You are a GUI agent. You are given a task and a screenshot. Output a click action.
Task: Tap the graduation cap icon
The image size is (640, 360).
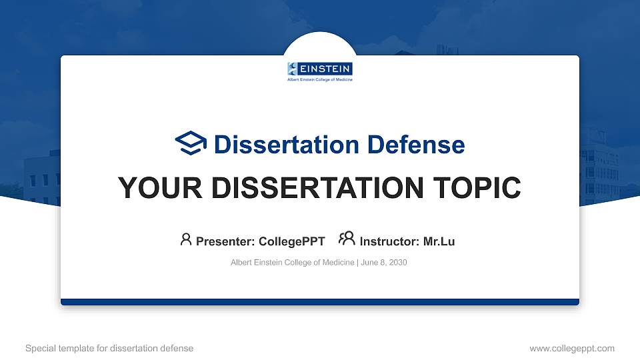[x=191, y=143]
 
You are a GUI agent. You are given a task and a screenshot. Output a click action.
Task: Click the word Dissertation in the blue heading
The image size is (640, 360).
[x=287, y=145]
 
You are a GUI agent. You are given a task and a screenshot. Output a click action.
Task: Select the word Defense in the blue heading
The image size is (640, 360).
[x=416, y=145]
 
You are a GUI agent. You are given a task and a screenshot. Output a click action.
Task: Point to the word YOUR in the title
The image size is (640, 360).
[x=160, y=188]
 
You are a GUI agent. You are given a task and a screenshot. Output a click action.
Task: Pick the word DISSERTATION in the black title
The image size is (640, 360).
[x=317, y=188]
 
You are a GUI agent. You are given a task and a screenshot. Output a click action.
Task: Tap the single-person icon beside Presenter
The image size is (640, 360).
[x=186, y=239]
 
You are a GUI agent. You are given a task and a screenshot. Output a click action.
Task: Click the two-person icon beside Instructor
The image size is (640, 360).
[x=347, y=239]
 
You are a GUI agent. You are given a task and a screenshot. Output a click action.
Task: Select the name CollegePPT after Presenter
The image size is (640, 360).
[x=292, y=241]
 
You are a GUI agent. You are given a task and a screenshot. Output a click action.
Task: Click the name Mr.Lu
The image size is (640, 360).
[x=439, y=241]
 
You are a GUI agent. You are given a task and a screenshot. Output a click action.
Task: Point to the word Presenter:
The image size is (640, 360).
[x=225, y=241]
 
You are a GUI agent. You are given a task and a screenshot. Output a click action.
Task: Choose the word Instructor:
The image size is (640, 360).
[x=389, y=241]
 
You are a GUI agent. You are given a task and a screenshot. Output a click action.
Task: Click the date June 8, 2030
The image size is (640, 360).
[x=384, y=263]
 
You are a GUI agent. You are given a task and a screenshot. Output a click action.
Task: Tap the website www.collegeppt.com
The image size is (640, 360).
[x=572, y=349]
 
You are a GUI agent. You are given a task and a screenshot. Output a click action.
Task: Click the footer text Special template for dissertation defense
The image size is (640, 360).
[x=109, y=348]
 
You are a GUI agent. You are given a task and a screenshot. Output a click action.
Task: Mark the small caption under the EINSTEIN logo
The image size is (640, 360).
[x=320, y=79]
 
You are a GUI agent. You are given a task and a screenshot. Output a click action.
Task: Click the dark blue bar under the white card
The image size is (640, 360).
[x=320, y=302]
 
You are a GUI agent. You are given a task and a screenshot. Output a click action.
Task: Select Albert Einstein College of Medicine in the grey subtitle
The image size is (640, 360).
[x=292, y=263]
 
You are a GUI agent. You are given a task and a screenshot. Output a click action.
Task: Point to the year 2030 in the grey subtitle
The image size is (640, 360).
[x=398, y=263]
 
